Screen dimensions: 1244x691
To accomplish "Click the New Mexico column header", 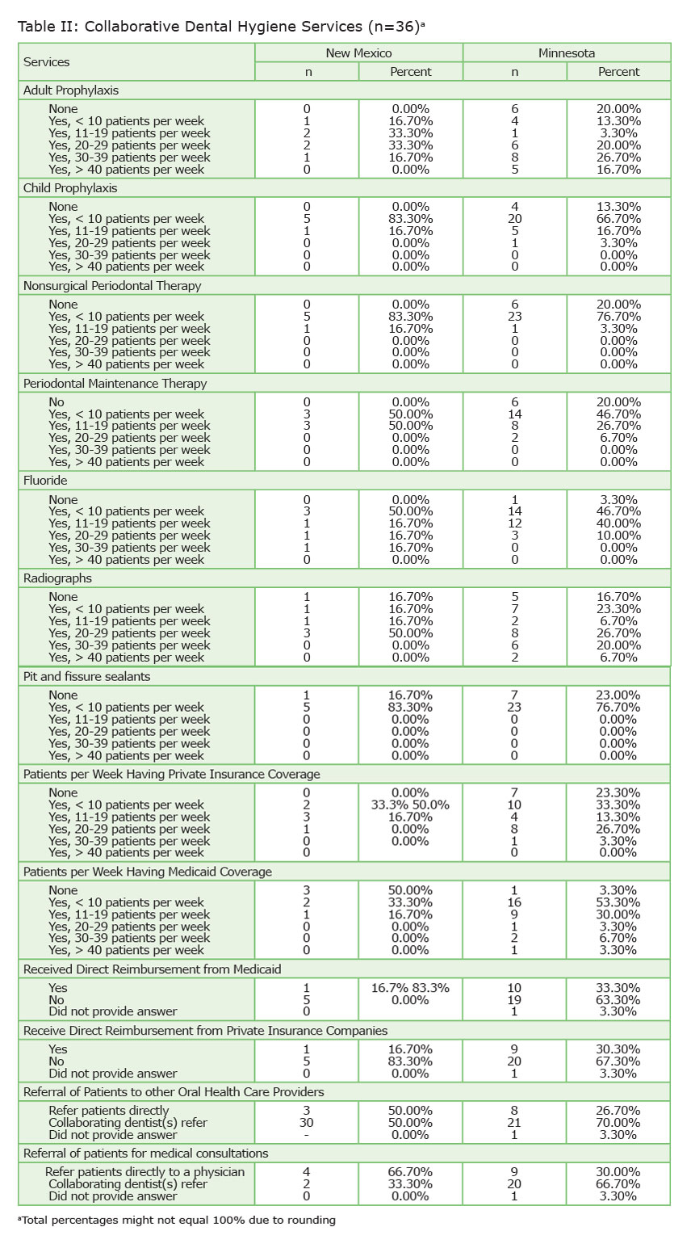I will [358, 53].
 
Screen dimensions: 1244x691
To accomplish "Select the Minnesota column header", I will [567, 53].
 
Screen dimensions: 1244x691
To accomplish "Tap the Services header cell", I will [47, 62].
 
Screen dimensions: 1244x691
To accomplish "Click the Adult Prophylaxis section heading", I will [71, 90].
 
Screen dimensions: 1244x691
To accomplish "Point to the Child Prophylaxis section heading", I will [70, 188].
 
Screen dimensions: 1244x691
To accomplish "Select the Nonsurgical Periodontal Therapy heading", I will [112, 286].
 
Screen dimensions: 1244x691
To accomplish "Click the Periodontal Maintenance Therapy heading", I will [115, 384].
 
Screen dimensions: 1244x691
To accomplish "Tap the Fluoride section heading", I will [46, 481].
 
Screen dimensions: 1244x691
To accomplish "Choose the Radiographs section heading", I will [57, 578].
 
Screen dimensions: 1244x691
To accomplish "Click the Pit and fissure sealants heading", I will [86, 676].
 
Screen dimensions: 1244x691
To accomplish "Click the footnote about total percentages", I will [176, 1220].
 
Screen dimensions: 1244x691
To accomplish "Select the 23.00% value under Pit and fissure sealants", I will [618, 696].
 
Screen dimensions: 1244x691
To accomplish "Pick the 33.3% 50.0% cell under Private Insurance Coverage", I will [410, 805].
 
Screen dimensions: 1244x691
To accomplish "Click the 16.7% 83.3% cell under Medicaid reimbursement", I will [410, 988].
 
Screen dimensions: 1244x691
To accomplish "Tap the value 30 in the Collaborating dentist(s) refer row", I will [307, 1123].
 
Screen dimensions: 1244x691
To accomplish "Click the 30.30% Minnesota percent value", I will [618, 1049].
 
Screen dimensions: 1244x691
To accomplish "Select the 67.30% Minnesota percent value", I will [618, 1061].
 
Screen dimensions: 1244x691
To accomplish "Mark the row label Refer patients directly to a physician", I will [144, 1172].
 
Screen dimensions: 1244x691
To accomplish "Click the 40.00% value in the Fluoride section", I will [618, 523].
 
